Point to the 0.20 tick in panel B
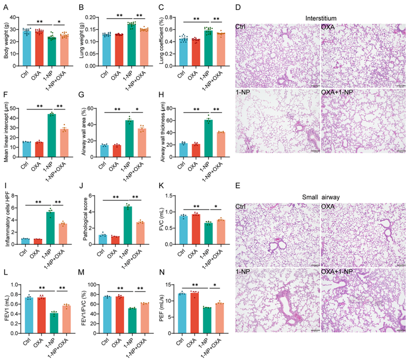(x=91, y=17)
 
